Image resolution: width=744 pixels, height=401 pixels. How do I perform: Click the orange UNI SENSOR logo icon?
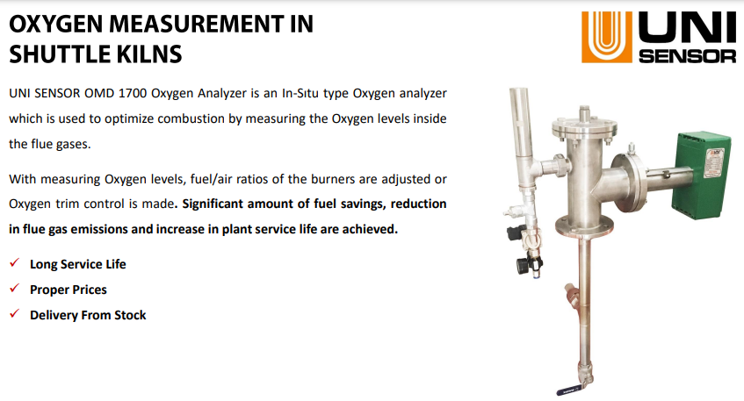coord(607,37)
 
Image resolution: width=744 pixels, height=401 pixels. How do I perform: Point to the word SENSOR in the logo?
coord(688,56)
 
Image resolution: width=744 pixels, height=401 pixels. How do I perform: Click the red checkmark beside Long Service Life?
coord(15,262)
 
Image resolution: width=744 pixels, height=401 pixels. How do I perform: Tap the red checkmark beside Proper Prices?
coord(15,288)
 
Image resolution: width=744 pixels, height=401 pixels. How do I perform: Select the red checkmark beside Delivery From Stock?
coord(15,314)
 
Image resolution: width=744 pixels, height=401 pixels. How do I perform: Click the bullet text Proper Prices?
coord(69,290)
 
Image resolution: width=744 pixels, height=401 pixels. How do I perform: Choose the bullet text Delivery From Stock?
coord(88,315)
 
